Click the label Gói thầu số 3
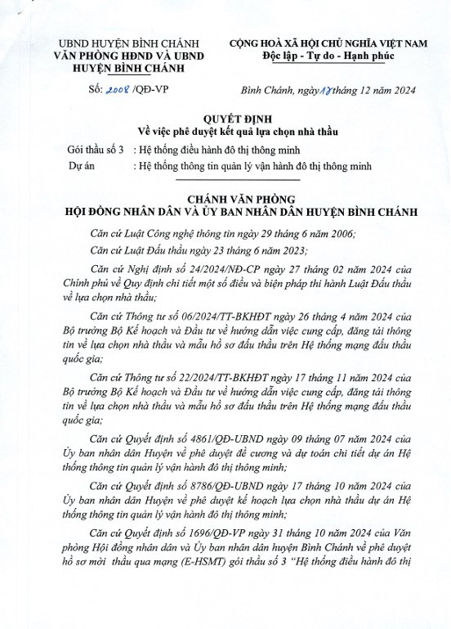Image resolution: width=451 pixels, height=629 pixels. point(96,151)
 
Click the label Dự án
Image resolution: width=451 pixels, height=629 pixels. point(84,166)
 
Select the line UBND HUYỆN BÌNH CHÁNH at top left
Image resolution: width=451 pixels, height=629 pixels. point(118,43)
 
